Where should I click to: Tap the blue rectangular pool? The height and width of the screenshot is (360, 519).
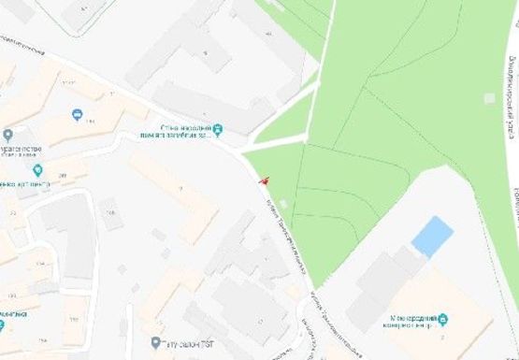432,236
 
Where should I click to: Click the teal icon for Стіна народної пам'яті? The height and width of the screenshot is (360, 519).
218,129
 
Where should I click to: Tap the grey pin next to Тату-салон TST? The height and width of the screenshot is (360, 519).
157,343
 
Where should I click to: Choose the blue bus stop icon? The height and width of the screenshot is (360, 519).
78,115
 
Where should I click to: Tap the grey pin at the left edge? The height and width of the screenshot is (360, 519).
7,136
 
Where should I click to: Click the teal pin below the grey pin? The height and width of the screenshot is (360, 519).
38,170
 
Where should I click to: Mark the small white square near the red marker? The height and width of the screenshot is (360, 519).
283,204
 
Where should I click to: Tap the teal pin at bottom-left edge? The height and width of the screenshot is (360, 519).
3,324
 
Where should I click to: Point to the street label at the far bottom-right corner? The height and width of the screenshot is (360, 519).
512,201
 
